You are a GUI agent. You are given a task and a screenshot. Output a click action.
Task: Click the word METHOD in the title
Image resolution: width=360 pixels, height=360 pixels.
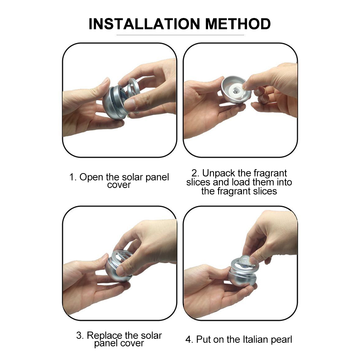coord(238,24)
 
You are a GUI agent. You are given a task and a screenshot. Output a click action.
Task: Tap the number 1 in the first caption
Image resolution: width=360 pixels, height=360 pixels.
coord(72,177)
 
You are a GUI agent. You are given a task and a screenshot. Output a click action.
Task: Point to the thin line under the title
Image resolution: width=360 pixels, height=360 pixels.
coord(180,35)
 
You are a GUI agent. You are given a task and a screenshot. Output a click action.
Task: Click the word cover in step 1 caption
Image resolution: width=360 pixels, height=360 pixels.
coord(119,185)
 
